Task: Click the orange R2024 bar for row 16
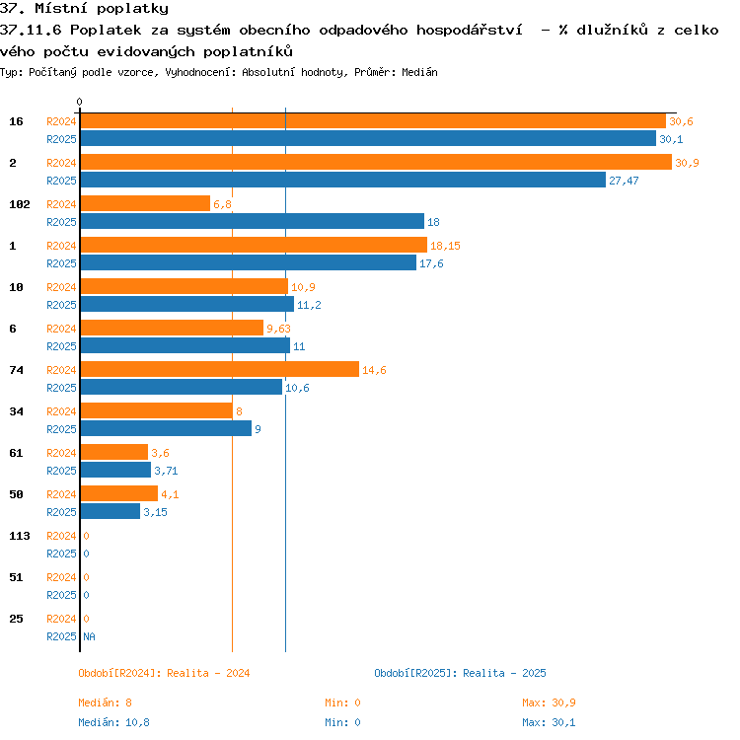tap(373, 121)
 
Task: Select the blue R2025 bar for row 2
tap(343, 180)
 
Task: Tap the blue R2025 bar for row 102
tap(253, 221)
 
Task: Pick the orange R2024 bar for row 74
tap(220, 370)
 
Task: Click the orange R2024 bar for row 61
tap(114, 452)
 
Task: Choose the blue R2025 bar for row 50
tap(111, 511)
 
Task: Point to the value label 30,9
tap(687, 163)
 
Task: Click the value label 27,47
tap(624, 181)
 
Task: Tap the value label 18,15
tap(445, 246)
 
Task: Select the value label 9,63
tap(278, 329)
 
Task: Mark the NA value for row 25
tap(89, 636)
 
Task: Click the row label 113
tap(20, 536)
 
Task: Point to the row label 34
tap(16, 411)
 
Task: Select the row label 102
tap(20, 204)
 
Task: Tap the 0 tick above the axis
tap(79, 102)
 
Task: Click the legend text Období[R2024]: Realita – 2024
tap(164, 673)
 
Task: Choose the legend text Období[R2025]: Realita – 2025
tap(460, 673)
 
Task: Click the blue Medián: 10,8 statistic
tap(113, 722)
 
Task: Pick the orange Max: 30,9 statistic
tap(549, 703)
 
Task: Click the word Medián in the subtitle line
tap(419, 72)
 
